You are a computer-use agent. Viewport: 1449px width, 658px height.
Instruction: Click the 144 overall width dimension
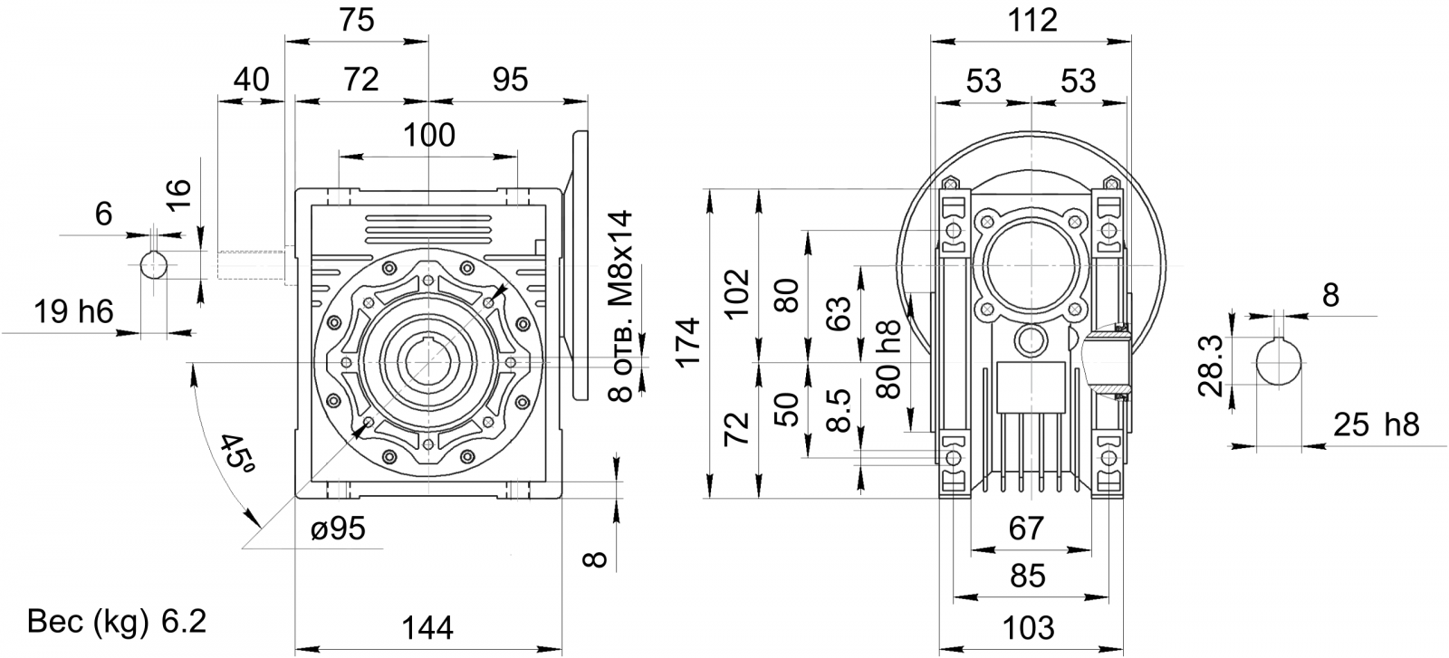point(427,627)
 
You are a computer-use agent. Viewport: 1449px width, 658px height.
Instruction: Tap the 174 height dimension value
point(688,342)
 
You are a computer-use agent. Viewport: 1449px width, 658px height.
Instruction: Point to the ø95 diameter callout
point(339,528)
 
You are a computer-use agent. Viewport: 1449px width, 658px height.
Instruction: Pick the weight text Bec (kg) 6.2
point(117,622)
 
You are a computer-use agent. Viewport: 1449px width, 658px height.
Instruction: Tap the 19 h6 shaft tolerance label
point(73,311)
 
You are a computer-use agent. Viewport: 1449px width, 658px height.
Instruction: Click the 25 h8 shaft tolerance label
point(1377,424)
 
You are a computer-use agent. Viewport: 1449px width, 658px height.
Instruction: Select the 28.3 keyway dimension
point(1210,366)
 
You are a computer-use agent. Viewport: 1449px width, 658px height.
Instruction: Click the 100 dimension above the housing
point(429,135)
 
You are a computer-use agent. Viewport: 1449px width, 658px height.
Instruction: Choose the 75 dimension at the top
point(357,20)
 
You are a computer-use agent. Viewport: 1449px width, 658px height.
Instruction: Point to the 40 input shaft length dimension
point(251,80)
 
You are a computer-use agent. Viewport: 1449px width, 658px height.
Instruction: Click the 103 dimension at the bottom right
point(1029,627)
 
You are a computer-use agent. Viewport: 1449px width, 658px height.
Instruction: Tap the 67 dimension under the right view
point(1027,528)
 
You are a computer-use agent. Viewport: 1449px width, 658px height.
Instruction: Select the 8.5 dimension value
point(839,410)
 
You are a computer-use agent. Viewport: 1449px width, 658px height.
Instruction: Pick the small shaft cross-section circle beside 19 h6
point(155,265)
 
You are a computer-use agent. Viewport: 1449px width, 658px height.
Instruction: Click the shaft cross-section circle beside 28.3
point(1279,363)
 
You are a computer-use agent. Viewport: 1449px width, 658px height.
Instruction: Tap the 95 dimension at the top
point(511,80)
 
